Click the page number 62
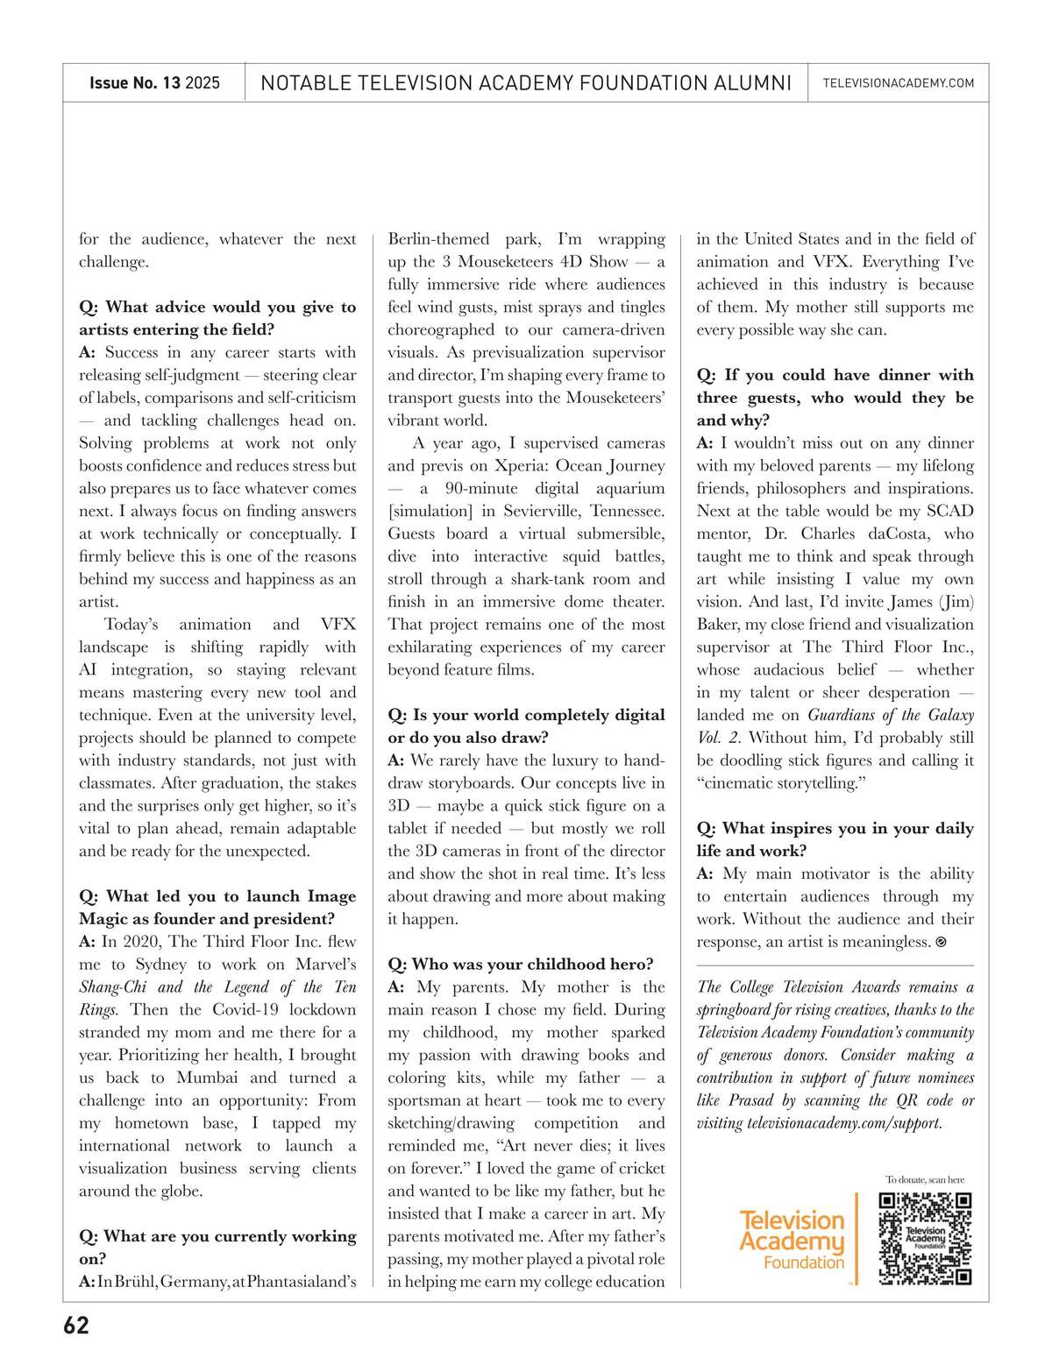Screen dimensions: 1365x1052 click(x=76, y=1326)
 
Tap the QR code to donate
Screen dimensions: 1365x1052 click(x=925, y=1238)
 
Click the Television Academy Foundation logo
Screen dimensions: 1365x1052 click(x=792, y=1240)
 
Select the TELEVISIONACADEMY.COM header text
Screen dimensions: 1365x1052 click(x=899, y=83)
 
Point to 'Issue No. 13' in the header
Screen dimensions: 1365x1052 click(x=135, y=83)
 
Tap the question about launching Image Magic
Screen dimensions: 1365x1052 click(x=217, y=908)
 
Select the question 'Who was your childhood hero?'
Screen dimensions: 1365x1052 click(x=521, y=964)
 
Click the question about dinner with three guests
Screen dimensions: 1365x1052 click(x=835, y=397)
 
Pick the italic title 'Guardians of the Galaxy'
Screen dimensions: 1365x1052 click(x=890, y=714)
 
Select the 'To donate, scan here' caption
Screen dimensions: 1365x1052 click(x=924, y=1179)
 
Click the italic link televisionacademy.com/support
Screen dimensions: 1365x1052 click(x=844, y=1123)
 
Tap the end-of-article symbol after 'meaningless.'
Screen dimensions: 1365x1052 click(x=942, y=942)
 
